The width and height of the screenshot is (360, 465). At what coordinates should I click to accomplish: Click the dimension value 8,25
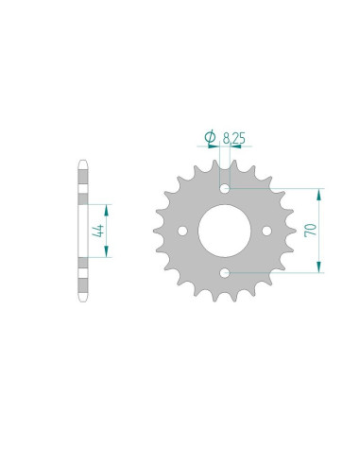pyautogui.click(x=235, y=138)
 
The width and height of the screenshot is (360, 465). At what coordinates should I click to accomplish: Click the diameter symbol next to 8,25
pyautogui.click(x=210, y=138)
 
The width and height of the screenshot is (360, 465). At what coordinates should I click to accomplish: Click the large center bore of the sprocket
pyautogui.click(x=225, y=230)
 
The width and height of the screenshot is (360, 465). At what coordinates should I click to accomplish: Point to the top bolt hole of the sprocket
pyautogui.click(x=225, y=187)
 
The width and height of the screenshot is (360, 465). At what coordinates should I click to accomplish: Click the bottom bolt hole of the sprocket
pyautogui.click(x=225, y=273)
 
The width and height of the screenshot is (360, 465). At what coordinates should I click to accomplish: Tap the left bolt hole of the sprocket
pyautogui.click(x=182, y=231)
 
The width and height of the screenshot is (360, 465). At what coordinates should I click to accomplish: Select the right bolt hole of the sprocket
pyautogui.click(x=267, y=231)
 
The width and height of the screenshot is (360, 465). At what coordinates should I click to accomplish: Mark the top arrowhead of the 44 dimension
pyautogui.click(x=107, y=207)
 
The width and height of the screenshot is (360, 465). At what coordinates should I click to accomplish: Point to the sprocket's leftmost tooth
pyautogui.click(x=158, y=231)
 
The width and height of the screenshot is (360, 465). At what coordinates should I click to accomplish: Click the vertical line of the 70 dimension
pyautogui.click(x=321, y=231)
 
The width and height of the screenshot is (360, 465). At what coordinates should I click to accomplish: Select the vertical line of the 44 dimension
pyautogui.click(x=107, y=230)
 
